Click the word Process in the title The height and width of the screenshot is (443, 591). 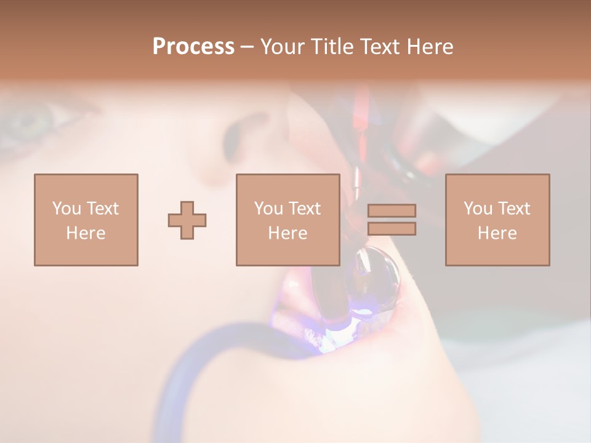(x=193, y=47)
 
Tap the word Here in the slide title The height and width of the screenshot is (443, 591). (x=430, y=47)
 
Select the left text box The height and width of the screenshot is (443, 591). (x=86, y=220)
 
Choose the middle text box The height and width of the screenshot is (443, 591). (x=287, y=220)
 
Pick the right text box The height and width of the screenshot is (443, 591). (x=497, y=220)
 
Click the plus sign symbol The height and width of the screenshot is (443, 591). (x=187, y=220)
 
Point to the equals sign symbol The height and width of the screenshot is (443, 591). (x=392, y=220)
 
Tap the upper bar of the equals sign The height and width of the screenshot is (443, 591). (x=392, y=211)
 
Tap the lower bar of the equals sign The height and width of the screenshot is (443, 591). (x=392, y=228)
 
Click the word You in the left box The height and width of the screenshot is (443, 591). (x=66, y=209)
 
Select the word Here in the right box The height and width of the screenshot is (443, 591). (x=497, y=233)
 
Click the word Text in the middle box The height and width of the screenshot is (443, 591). (x=304, y=209)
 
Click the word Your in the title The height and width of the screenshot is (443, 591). (x=283, y=47)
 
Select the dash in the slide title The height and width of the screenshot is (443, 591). (x=247, y=47)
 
